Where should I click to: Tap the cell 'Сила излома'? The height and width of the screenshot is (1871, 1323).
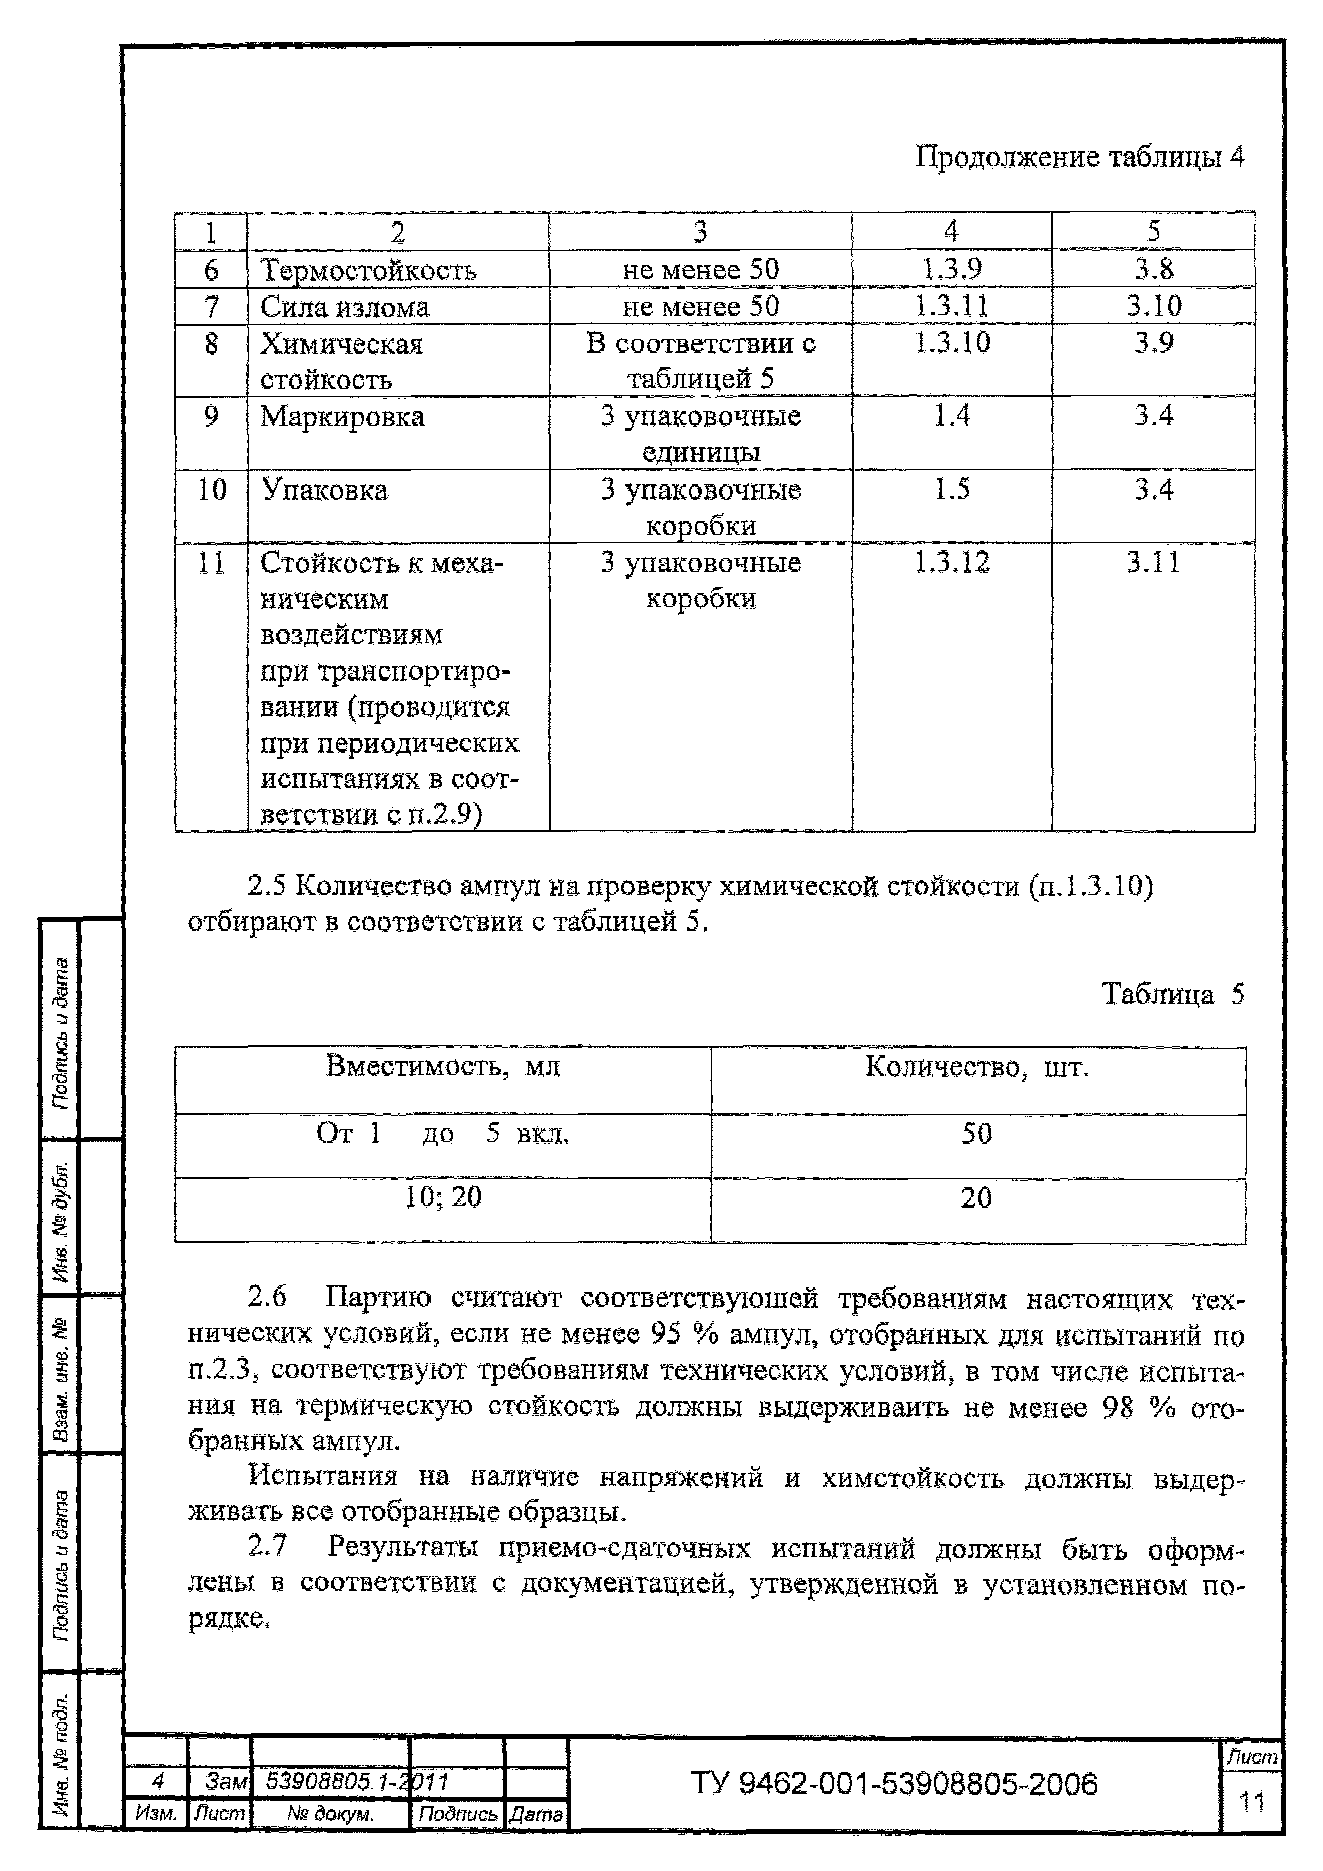[x=344, y=307]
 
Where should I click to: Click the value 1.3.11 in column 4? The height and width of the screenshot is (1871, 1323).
[x=951, y=306]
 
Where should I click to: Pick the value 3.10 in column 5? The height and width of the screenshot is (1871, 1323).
[x=1153, y=306]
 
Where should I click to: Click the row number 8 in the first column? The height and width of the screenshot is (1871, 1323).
[x=211, y=344]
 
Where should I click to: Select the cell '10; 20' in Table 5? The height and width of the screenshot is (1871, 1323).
[x=443, y=1197]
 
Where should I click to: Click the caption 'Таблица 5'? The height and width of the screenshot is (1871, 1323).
[x=1172, y=994]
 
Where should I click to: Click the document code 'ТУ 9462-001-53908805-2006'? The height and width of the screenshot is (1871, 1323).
[x=894, y=1784]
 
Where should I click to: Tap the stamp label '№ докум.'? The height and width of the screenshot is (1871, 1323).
[x=330, y=1814]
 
